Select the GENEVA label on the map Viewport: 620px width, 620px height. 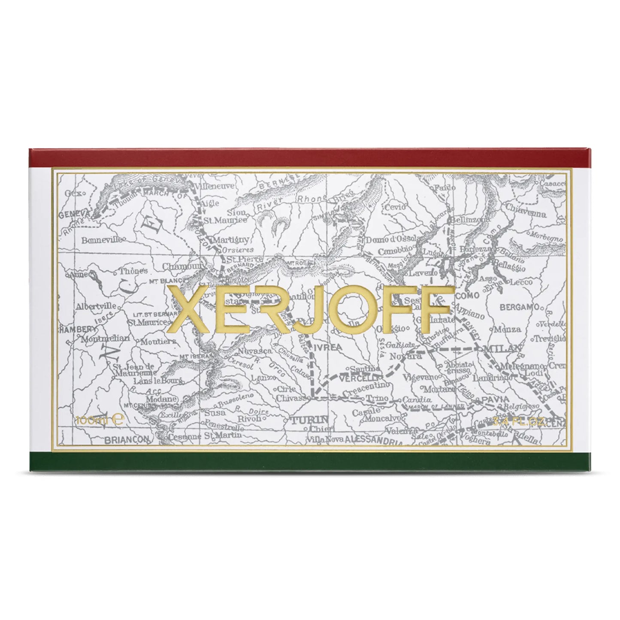(77, 213)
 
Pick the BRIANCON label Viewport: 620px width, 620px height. (123, 439)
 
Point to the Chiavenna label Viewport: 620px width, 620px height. (526, 213)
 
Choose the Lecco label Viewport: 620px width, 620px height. (521, 282)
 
